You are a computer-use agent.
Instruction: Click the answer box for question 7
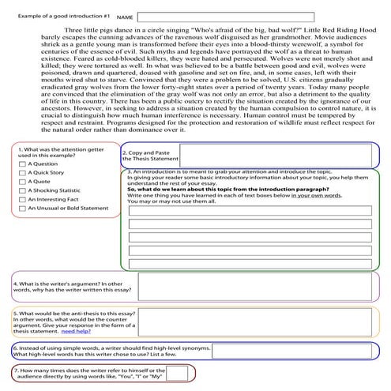tap(177, 374)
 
